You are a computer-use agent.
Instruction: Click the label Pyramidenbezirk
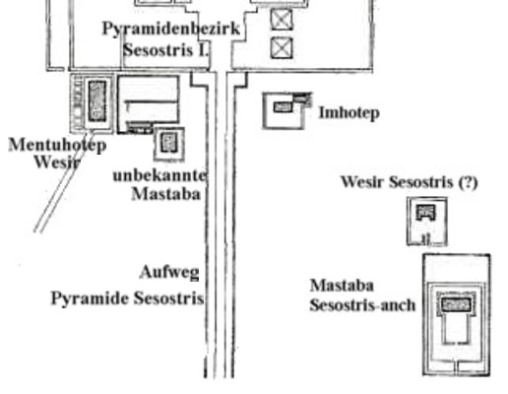pyautogui.click(x=171, y=30)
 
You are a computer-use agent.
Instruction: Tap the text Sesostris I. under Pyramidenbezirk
pyautogui.click(x=165, y=50)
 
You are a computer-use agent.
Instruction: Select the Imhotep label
pyautogui.click(x=349, y=113)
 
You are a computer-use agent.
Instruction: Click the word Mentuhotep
pyautogui.click(x=57, y=145)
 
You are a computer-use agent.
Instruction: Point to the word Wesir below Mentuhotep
pyautogui.click(x=57, y=162)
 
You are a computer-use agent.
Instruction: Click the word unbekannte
pyautogui.click(x=159, y=175)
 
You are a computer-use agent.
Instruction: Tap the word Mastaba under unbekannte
pyautogui.click(x=165, y=194)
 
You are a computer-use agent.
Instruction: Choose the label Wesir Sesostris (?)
pyautogui.click(x=410, y=182)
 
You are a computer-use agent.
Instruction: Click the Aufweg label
pyautogui.click(x=169, y=272)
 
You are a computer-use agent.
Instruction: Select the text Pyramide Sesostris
pyautogui.click(x=127, y=298)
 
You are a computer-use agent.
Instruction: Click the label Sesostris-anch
pyautogui.click(x=362, y=305)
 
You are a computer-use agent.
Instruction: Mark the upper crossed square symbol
pyautogui.click(x=282, y=20)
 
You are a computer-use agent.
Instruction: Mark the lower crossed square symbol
pyautogui.click(x=282, y=48)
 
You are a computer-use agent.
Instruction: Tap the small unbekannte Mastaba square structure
pyautogui.click(x=169, y=144)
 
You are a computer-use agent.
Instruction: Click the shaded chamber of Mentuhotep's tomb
pyautogui.click(x=97, y=100)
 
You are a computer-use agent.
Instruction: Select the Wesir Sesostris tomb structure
pyautogui.click(x=427, y=221)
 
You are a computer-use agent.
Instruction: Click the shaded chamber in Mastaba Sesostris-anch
pyautogui.click(x=456, y=304)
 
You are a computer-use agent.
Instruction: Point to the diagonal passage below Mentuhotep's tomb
pyautogui.click(x=61, y=182)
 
